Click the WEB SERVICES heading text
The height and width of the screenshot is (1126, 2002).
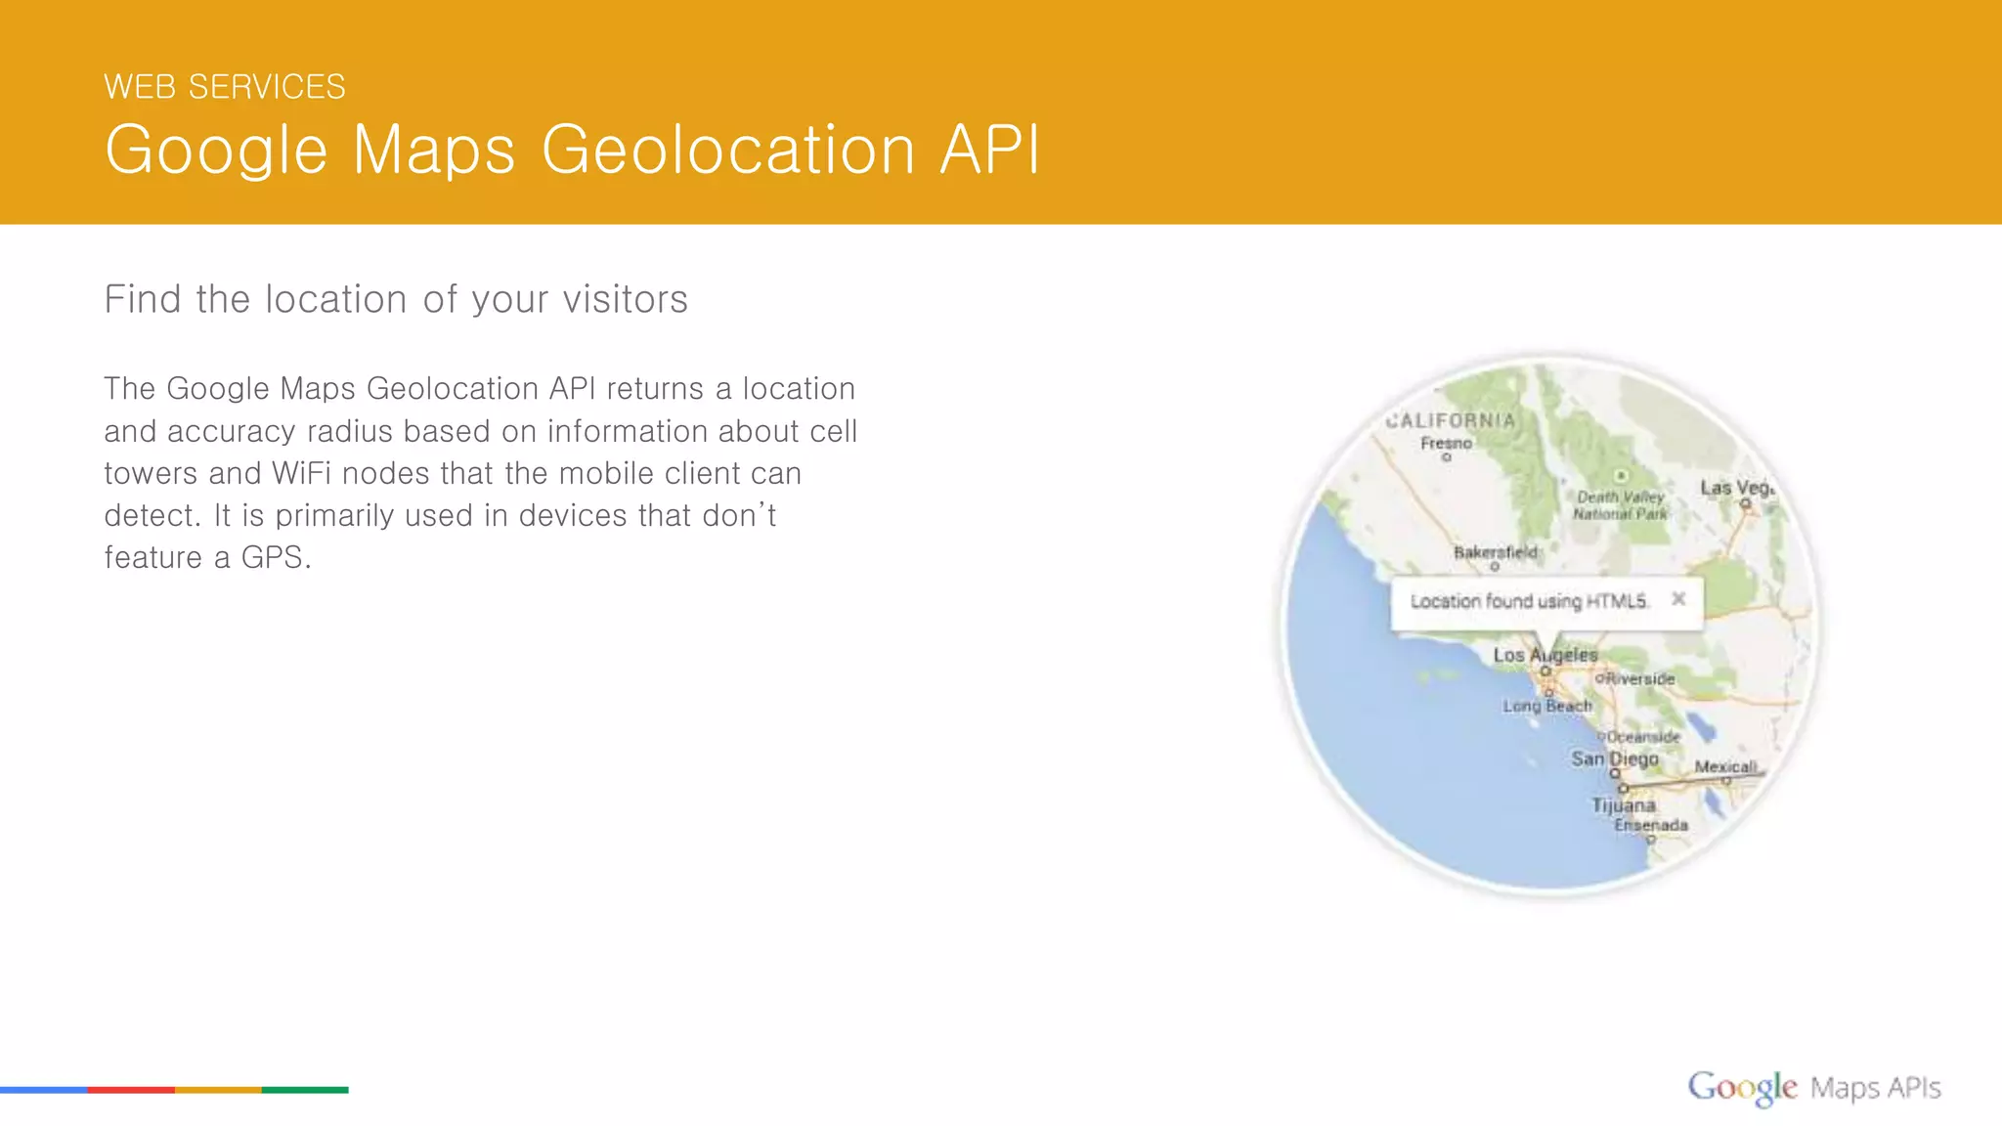(x=225, y=87)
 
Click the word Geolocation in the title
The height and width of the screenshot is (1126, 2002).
(x=728, y=150)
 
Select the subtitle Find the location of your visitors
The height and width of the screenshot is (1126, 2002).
(x=396, y=299)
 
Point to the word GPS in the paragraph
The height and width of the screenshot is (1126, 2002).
(x=275, y=557)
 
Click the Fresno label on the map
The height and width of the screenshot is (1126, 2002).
(x=1446, y=443)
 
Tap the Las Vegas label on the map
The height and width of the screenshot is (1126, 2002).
(x=1737, y=488)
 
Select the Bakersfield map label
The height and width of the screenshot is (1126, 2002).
(x=1495, y=552)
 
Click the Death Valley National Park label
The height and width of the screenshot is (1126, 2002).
(x=1620, y=504)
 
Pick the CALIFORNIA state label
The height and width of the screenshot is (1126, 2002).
(x=1451, y=420)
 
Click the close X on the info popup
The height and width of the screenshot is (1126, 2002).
(x=1678, y=598)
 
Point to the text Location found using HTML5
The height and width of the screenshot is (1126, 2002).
(x=1529, y=601)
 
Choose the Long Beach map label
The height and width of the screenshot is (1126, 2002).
(x=1547, y=706)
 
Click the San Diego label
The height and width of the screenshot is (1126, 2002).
(x=1614, y=758)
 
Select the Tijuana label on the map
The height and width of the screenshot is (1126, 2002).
(x=1623, y=805)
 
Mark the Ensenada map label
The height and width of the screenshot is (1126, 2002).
(x=1650, y=825)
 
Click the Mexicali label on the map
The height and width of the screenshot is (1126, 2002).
(x=1725, y=767)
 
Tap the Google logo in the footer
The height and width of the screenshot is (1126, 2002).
(x=1742, y=1087)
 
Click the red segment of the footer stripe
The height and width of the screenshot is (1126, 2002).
(x=131, y=1089)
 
